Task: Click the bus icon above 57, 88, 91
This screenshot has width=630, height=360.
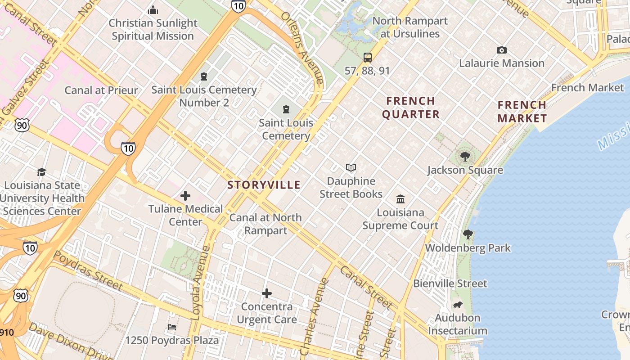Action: tap(368, 57)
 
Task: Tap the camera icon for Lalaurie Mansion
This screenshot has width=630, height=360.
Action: tap(501, 50)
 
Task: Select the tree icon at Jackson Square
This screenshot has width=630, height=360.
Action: tap(465, 157)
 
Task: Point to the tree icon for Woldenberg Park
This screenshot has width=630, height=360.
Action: tap(468, 234)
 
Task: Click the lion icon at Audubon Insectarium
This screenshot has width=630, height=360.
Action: tap(458, 305)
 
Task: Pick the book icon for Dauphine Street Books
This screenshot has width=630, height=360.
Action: tap(351, 168)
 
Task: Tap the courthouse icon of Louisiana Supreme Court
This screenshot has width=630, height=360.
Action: tap(400, 199)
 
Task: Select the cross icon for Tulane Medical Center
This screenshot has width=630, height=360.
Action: tap(185, 196)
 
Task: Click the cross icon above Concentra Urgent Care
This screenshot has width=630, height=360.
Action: tap(267, 293)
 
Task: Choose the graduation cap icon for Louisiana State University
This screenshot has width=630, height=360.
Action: tap(41, 172)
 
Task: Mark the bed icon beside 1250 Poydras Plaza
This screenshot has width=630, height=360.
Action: tap(171, 327)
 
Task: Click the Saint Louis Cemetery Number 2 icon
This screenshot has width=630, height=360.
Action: tap(204, 76)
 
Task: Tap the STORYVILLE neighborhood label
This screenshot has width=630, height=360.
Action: tap(264, 185)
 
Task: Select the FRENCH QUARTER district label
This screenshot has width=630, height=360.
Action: tap(411, 108)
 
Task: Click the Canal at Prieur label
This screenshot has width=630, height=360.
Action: tap(101, 90)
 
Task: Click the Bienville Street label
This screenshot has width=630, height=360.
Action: tap(450, 283)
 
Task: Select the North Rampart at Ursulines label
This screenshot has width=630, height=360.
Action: tap(410, 27)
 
